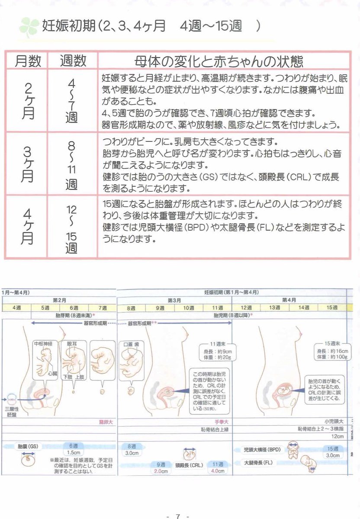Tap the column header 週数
point(72,61)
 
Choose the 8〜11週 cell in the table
point(72,164)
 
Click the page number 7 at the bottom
point(177,516)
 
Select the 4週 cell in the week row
point(16,308)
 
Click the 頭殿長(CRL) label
point(189,465)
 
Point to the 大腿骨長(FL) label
point(259,462)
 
